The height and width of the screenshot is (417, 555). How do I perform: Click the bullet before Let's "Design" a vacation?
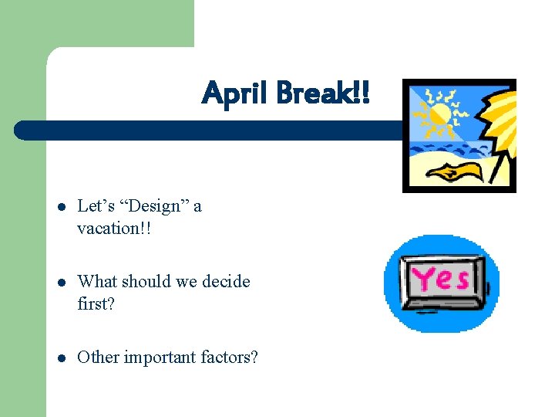(61, 207)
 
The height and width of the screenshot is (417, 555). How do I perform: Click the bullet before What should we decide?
(61, 282)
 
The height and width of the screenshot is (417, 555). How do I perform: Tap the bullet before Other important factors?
(61, 358)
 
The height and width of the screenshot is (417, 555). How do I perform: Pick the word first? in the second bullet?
(96, 303)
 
